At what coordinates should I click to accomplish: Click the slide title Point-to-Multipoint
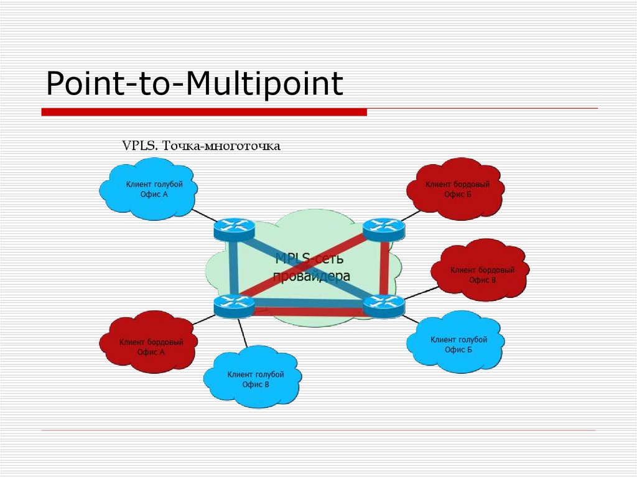click(195, 84)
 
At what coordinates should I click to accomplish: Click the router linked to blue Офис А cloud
click(234, 229)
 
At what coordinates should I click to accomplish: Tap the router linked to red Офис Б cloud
click(384, 229)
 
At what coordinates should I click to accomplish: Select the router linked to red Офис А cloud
click(234, 305)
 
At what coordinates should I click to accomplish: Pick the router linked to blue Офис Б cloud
click(384, 305)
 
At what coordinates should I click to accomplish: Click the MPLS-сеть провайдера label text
click(311, 267)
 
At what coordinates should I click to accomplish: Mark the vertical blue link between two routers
click(233, 267)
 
